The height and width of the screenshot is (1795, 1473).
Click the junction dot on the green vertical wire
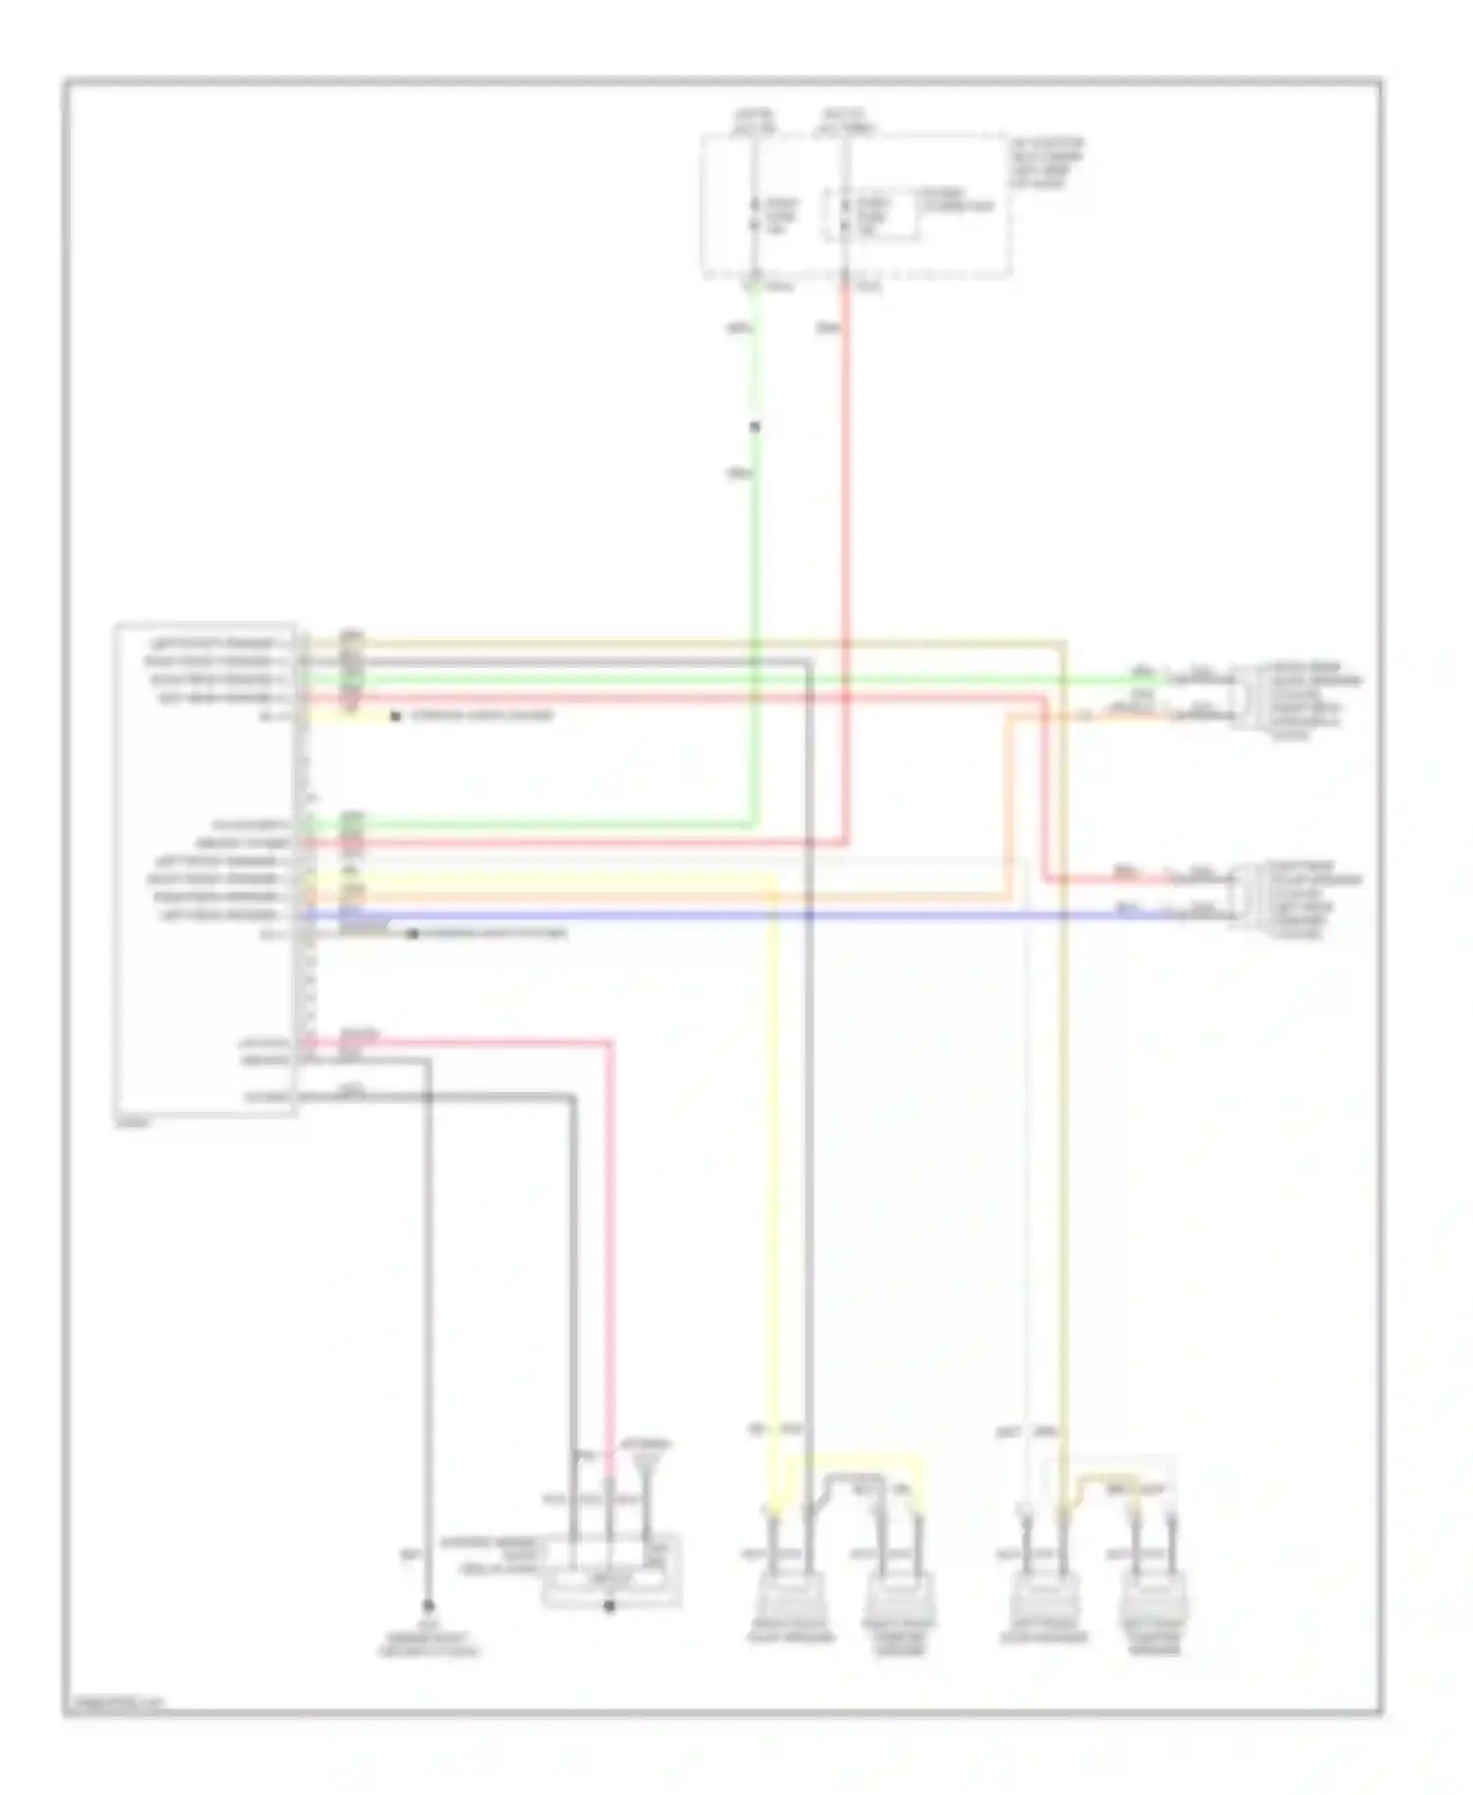[x=754, y=426]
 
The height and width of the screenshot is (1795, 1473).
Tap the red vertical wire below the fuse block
[x=846, y=491]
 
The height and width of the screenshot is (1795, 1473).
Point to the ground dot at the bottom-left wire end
[x=428, y=1607]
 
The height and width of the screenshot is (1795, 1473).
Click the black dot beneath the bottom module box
[x=609, y=1606]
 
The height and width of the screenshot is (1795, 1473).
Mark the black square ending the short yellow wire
[x=395, y=717]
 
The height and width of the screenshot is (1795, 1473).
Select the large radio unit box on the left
[x=204, y=869]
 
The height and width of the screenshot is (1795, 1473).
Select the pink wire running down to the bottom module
[x=610, y=1277]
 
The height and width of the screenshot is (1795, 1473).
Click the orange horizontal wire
[x=687, y=897]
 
